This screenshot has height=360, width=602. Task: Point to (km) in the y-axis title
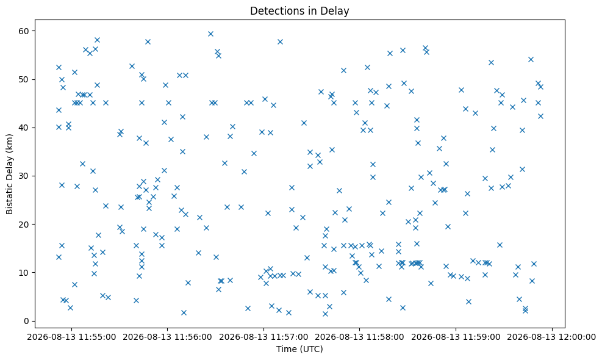(x=10, y=143)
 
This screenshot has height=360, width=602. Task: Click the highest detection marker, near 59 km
(x=210, y=34)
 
